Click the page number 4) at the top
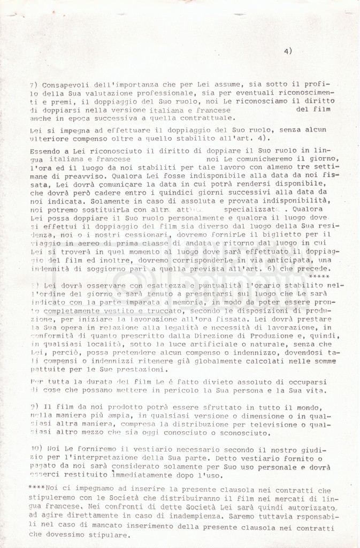coord(288,52)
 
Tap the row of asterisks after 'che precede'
coord(319,276)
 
